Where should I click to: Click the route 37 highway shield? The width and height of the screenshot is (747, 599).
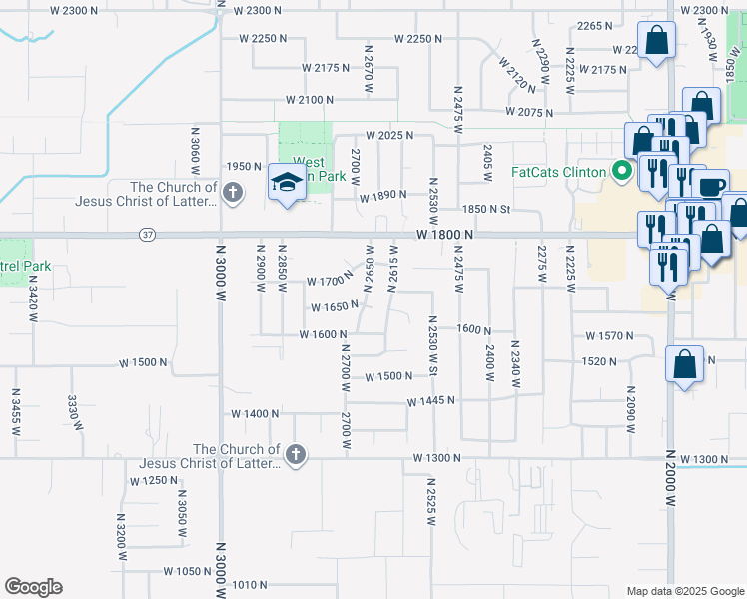click(148, 235)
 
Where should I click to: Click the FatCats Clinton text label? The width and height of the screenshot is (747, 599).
click(558, 172)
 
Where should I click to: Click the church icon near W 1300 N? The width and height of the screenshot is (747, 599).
click(295, 456)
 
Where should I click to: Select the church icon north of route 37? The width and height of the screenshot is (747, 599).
click(232, 193)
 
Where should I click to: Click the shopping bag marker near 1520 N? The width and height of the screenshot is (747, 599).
click(685, 364)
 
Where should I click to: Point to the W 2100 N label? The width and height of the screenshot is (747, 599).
click(309, 100)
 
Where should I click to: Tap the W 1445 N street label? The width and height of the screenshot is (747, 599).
click(430, 400)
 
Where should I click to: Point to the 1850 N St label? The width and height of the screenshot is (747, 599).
click(485, 209)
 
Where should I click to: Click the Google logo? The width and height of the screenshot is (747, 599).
click(33, 587)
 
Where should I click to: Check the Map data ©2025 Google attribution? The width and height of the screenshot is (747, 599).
click(684, 591)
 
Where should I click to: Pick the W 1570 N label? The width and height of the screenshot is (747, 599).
click(610, 336)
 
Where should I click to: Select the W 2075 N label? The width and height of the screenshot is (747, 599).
click(529, 112)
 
